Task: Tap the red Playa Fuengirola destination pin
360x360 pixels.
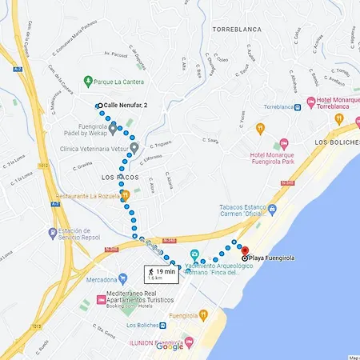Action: pyautogui.click(x=245, y=250)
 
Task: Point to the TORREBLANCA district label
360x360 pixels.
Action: pyautogui.click(x=238, y=29)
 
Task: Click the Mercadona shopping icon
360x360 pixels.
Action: pyautogui.click(x=122, y=280)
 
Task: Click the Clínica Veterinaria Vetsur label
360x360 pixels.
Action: pyautogui.click(x=94, y=149)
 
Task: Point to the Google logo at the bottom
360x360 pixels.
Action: pyautogui.click(x=170, y=346)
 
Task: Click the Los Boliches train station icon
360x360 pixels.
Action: pyautogui.click(x=163, y=326)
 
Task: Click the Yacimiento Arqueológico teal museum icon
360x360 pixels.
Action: pyautogui.click(x=194, y=254)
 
